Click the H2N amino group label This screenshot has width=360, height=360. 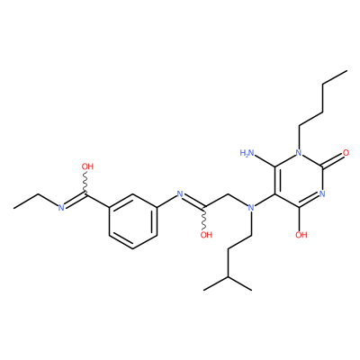247,153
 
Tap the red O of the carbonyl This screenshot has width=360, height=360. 346,153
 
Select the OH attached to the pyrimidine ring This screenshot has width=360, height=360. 301,235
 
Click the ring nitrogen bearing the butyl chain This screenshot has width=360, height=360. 299,153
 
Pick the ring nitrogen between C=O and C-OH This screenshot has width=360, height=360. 322,193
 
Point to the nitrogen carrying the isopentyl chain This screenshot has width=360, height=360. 251,207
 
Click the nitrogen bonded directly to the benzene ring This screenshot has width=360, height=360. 180,193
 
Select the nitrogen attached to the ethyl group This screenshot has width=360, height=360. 61,207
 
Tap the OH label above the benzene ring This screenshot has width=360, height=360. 87,166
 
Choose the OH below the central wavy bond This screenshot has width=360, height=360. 206,235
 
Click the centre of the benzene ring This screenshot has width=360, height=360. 132,221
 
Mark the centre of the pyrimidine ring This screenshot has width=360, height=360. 299,180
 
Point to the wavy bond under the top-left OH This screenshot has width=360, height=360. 85,184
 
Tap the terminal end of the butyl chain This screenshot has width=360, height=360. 346,71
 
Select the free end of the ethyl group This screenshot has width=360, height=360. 14,208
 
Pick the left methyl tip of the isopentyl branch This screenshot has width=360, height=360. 204,290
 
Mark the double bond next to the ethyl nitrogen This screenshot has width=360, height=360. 75,201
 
